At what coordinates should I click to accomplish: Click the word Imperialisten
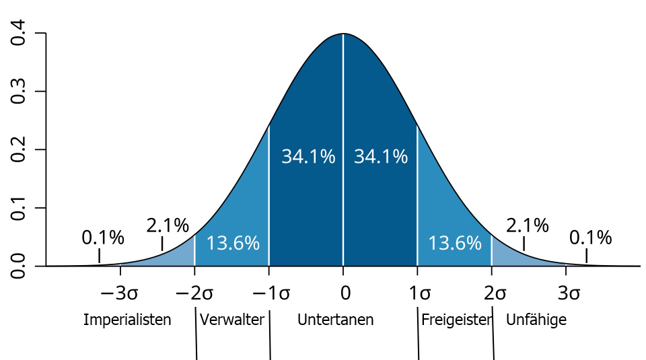(x=127, y=320)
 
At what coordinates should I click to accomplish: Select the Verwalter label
(x=232, y=320)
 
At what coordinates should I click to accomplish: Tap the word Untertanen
(x=335, y=320)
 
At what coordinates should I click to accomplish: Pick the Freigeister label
(x=456, y=320)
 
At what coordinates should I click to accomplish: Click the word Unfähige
(x=536, y=320)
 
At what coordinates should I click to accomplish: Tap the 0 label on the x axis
(x=345, y=293)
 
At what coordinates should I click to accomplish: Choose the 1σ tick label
(x=421, y=293)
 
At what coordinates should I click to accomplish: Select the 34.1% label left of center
(x=308, y=157)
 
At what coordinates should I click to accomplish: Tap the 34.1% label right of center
(x=381, y=157)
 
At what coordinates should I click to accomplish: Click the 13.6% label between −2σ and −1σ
(x=233, y=243)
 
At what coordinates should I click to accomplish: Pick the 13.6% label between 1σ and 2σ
(x=455, y=243)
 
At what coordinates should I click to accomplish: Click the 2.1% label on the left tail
(x=168, y=225)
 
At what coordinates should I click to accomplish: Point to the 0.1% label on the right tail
(x=590, y=238)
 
